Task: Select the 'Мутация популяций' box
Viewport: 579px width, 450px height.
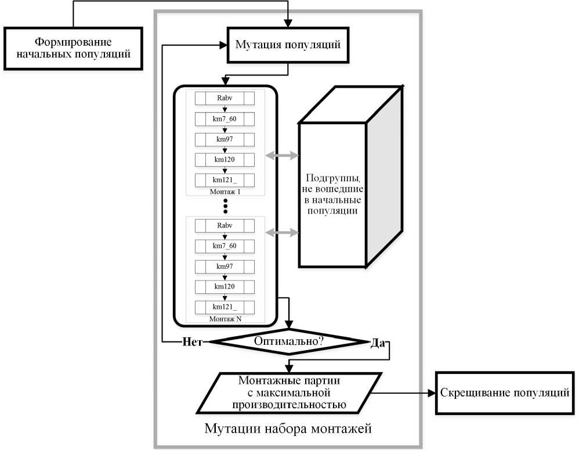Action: click(x=287, y=45)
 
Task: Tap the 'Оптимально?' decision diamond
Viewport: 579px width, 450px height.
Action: click(x=289, y=341)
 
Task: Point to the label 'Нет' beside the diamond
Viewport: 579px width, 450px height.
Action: click(x=191, y=342)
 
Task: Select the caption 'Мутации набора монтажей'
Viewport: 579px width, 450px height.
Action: click(x=288, y=429)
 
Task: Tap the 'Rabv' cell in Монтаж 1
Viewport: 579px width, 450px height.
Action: click(x=225, y=98)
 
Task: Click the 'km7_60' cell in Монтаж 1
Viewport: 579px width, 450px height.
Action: click(x=225, y=119)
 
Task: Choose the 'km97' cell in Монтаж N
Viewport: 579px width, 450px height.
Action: click(x=225, y=266)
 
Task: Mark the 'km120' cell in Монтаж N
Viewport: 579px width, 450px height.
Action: click(x=225, y=286)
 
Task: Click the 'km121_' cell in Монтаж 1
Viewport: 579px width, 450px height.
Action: click(x=225, y=180)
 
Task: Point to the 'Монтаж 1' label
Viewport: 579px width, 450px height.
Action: click(x=225, y=191)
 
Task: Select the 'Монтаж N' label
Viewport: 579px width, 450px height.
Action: click(x=225, y=319)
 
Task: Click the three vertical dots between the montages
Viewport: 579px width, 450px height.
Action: click(x=226, y=206)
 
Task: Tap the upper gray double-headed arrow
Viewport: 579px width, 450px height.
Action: click(x=282, y=156)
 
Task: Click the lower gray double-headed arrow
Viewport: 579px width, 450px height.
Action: click(x=282, y=232)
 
